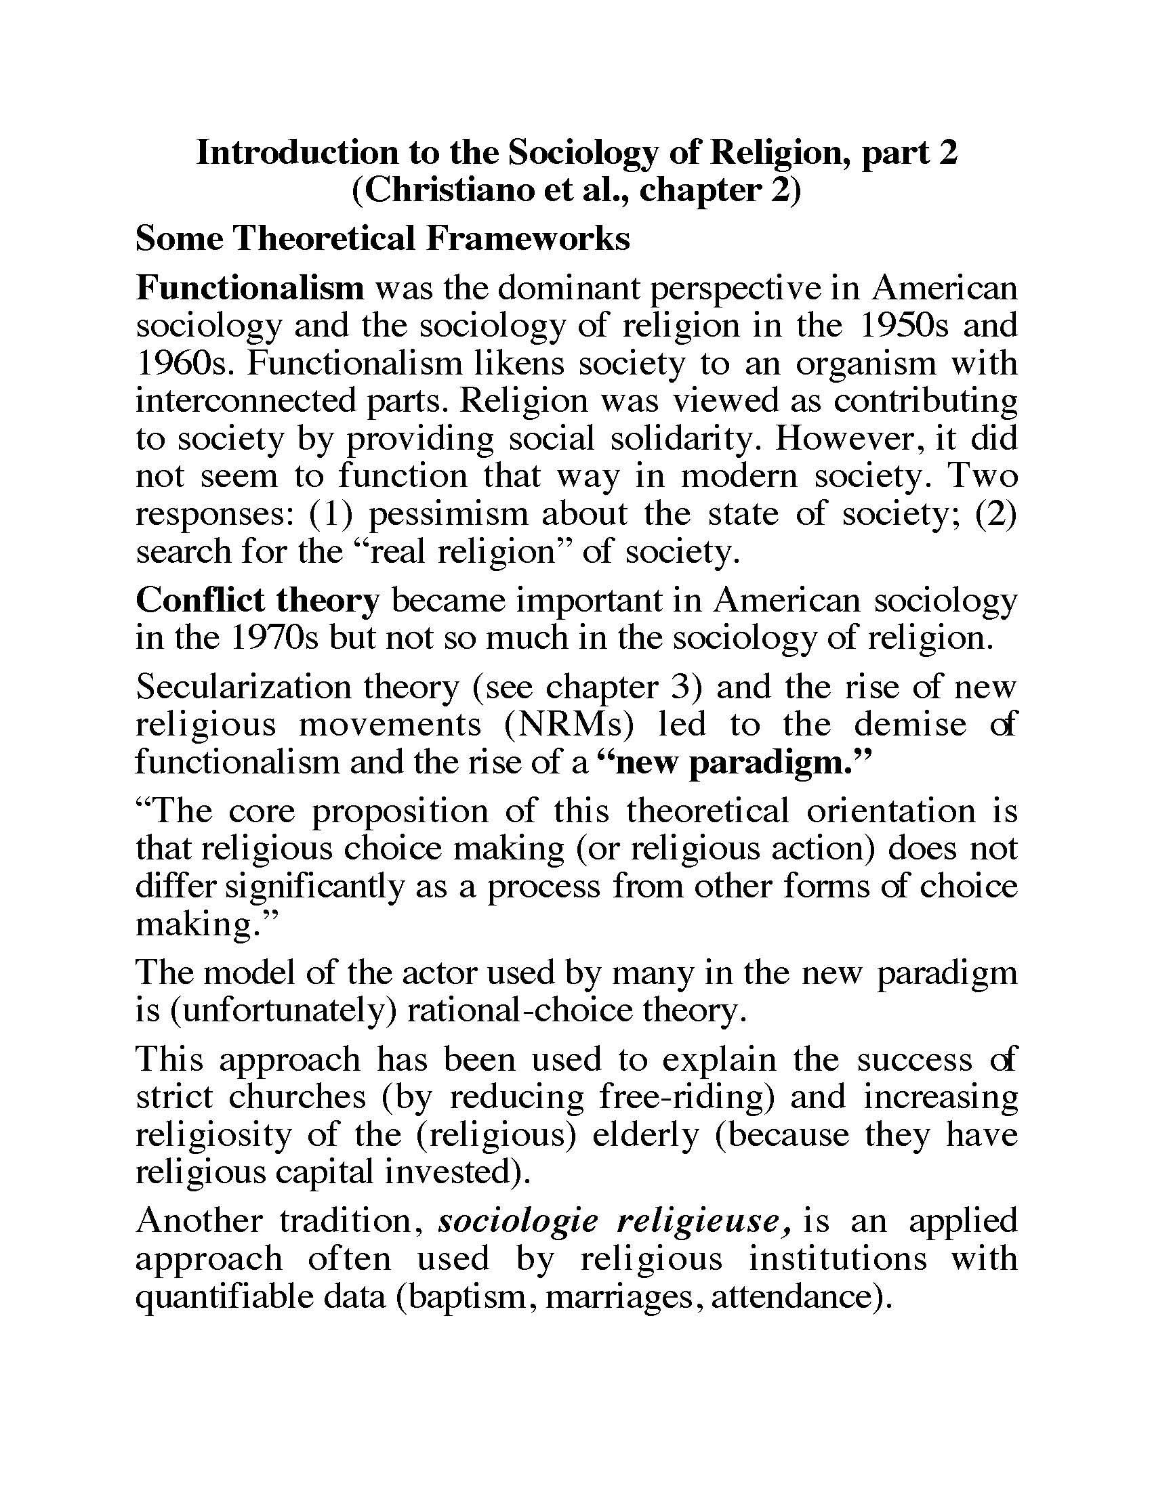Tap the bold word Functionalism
251,288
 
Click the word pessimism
449,513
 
